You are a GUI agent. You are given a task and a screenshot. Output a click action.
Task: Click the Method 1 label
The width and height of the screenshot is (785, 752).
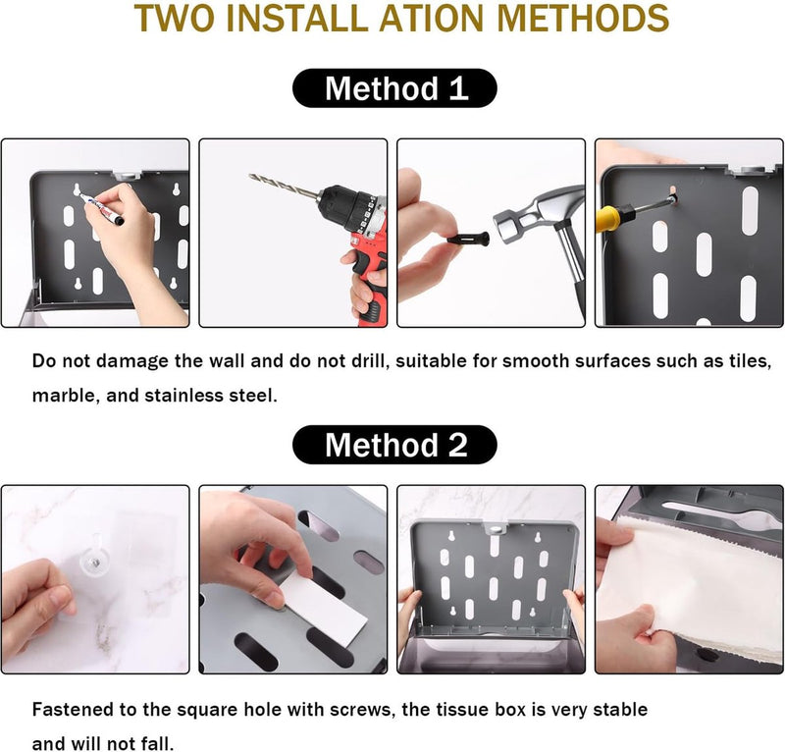pyautogui.click(x=394, y=88)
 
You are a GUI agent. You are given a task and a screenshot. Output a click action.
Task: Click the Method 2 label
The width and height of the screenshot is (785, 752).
pyautogui.click(x=394, y=445)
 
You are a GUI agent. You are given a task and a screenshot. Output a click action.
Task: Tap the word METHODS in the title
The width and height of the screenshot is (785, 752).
pyautogui.click(x=584, y=18)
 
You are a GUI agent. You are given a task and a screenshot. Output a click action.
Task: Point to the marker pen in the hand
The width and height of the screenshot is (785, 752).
pyautogui.click(x=102, y=207)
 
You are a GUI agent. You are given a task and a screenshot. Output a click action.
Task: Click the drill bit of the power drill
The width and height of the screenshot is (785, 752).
pyautogui.click(x=284, y=186)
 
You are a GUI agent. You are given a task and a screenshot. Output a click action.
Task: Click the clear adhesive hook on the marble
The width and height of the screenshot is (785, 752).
pyautogui.click(x=95, y=561)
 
